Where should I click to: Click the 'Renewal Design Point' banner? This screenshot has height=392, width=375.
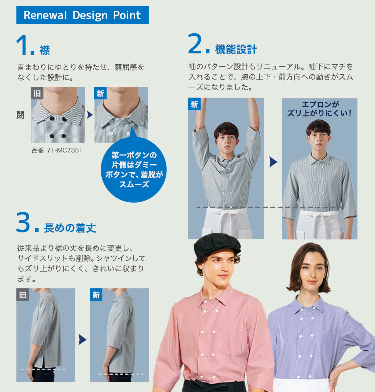(83, 15)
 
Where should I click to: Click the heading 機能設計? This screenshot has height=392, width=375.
(236, 49)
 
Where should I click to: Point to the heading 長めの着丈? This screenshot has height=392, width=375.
(70, 228)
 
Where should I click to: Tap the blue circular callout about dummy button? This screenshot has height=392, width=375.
(134, 170)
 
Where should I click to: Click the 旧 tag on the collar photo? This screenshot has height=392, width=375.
(37, 93)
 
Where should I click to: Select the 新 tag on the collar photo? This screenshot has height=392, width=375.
(100, 93)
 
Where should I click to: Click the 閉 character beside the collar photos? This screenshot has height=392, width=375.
(20, 115)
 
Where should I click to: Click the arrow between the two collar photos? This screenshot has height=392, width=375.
(90, 115)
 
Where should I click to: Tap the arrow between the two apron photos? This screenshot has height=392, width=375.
(273, 162)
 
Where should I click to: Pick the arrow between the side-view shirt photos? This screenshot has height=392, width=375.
(83, 339)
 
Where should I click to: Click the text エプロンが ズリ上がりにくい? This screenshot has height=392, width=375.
(320, 109)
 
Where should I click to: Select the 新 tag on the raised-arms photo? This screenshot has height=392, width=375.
(194, 104)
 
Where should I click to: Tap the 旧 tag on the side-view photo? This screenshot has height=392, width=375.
(23, 295)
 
